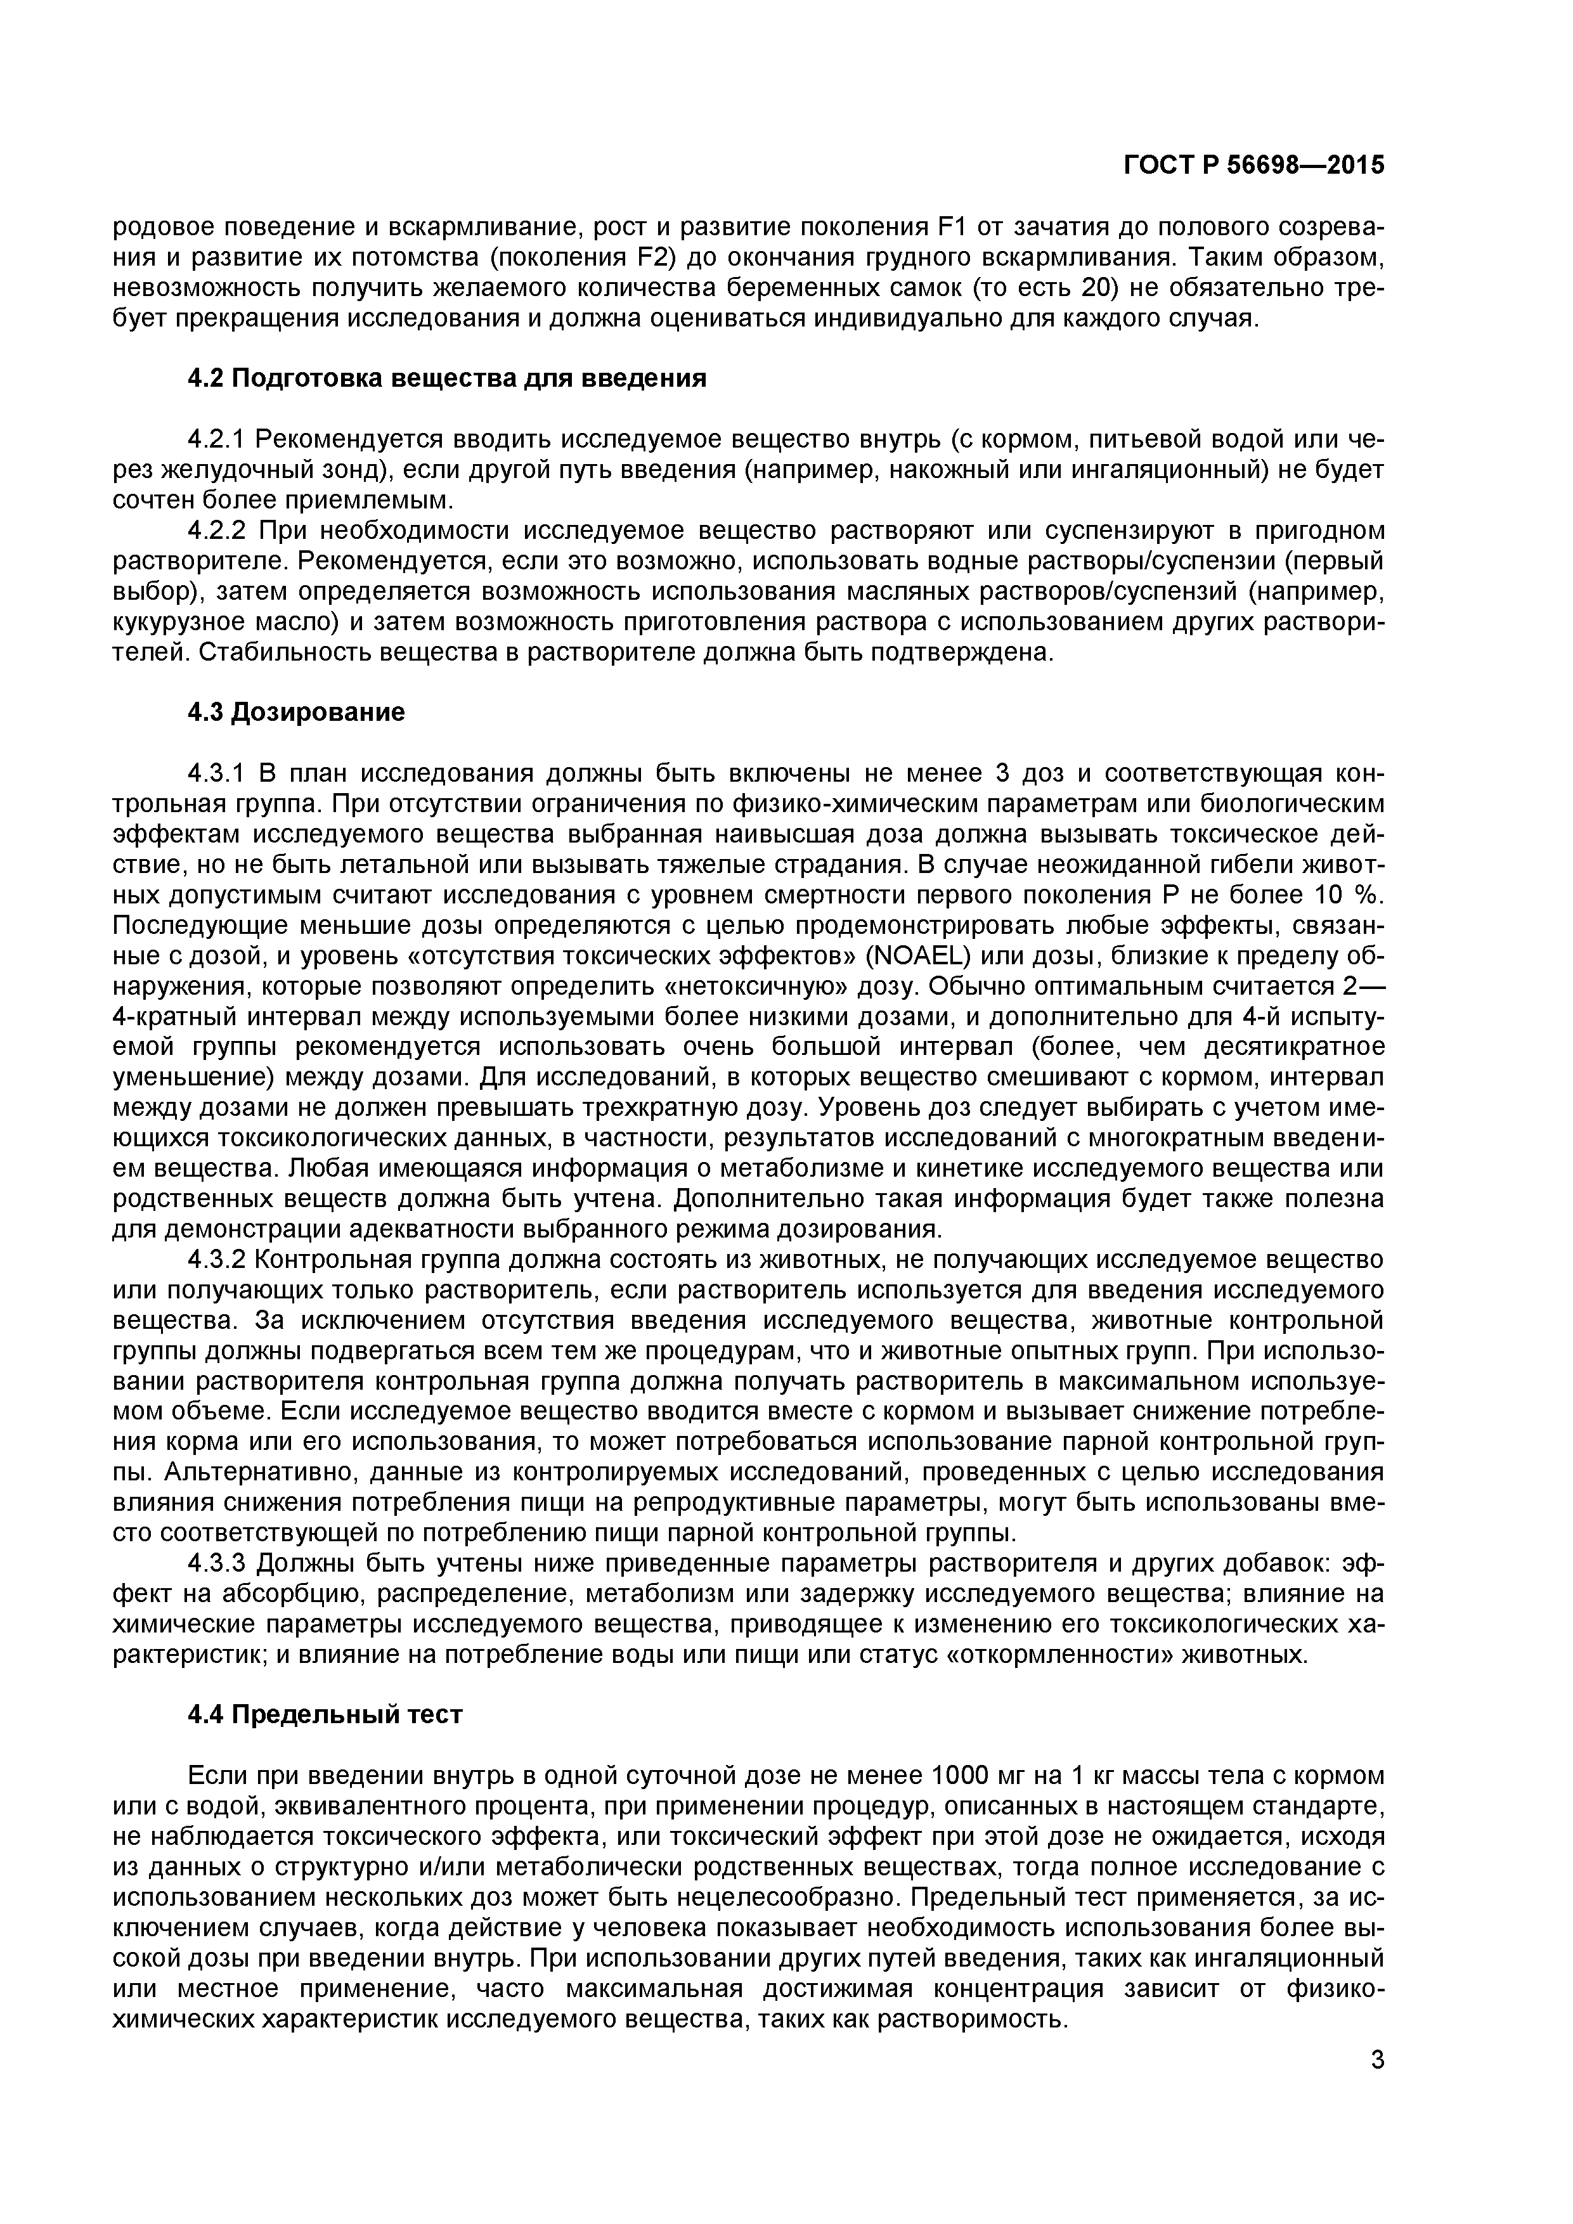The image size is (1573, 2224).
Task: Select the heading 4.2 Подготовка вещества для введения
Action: pyautogui.click(x=446, y=378)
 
